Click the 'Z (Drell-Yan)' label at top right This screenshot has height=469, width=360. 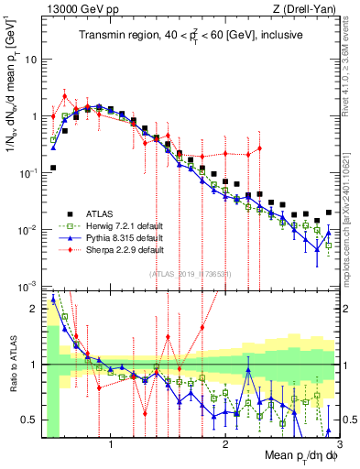(301, 9)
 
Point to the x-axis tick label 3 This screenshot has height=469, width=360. (339, 442)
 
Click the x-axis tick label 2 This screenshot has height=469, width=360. (225, 442)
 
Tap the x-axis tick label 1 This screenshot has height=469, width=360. (111, 442)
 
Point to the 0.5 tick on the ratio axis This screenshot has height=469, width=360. (30, 420)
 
